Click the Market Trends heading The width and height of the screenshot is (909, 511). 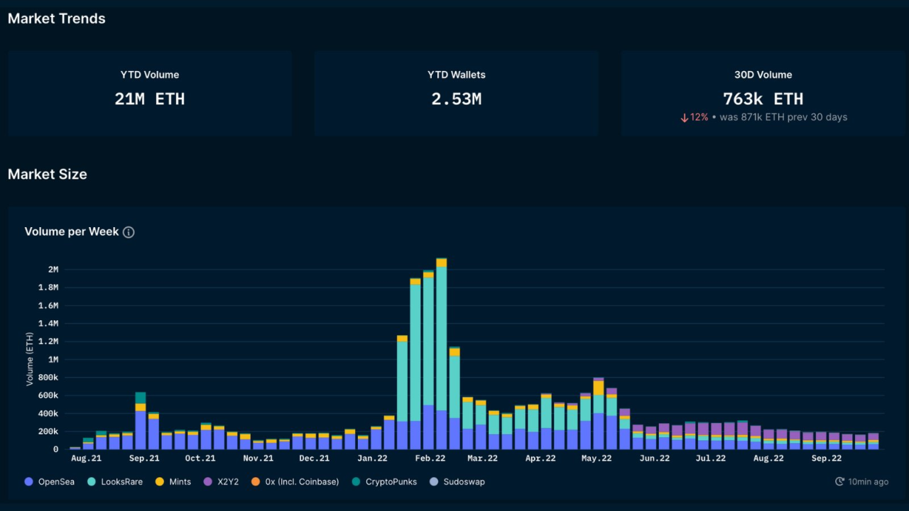coord(57,19)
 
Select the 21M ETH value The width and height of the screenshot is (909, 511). coord(150,99)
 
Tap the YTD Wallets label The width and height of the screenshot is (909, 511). coord(456,75)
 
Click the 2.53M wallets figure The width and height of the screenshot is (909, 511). coord(456,99)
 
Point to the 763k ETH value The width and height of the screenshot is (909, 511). coord(763,99)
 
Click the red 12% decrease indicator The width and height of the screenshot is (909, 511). coord(695,117)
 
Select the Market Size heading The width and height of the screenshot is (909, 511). coord(48,175)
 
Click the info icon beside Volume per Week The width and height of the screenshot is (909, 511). coord(129,232)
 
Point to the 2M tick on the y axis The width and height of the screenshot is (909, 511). coord(53,270)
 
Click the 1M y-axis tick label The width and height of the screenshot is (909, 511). coord(53,360)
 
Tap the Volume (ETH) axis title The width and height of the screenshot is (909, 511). coord(30,360)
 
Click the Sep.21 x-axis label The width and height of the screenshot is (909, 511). coord(144,458)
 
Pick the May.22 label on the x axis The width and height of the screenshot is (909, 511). coord(597,458)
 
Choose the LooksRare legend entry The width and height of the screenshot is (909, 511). coord(115,482)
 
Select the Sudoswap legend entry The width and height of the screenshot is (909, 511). coord(457,482)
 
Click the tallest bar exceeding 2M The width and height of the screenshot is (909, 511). coord(442,355)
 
